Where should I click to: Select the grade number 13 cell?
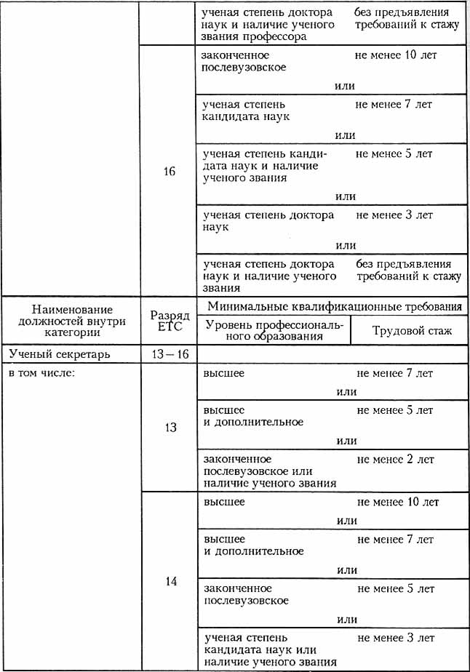pos(170,428)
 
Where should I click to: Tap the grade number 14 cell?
pos(170,583)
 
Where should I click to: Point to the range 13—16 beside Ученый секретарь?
pos(170,354)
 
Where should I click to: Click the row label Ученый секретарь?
pos(60,354)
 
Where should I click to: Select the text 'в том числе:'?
pos(38,374)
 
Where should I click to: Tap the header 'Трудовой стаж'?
pos(412,331)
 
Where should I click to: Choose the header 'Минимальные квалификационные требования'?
pos(335,305)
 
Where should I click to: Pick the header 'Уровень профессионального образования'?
pos(273,330)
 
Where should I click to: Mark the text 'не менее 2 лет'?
pos(396,460)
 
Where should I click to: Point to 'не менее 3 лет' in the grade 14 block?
pos(396,638)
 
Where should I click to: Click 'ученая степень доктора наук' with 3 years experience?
pos(268,220)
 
